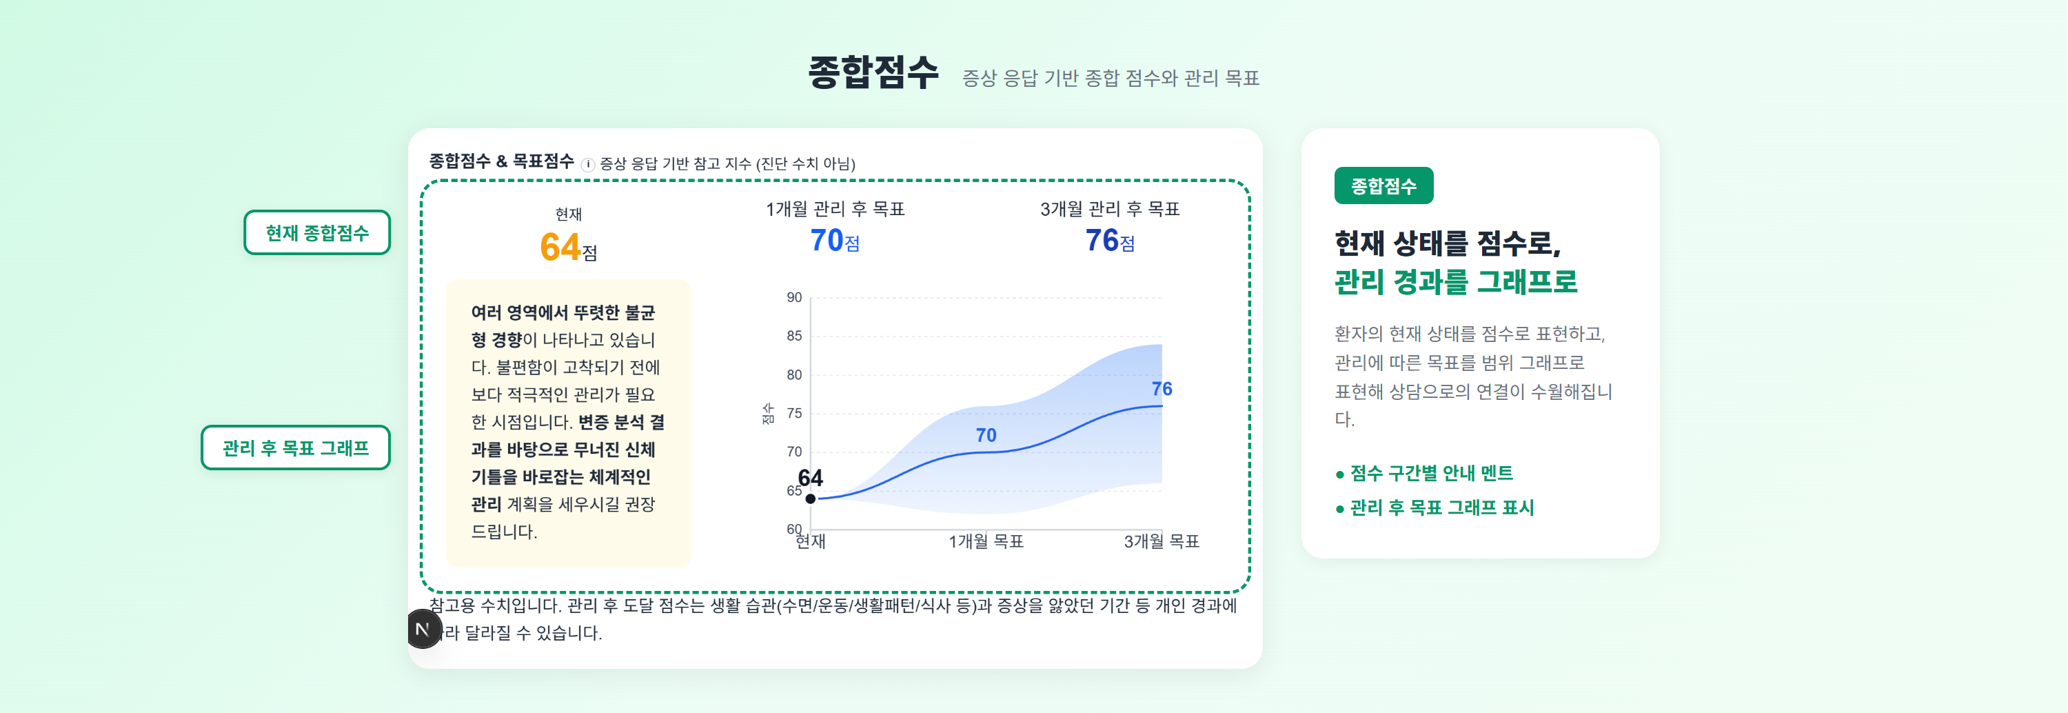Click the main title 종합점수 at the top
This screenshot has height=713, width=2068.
[873, 73]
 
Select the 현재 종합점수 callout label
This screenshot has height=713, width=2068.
[316, 233]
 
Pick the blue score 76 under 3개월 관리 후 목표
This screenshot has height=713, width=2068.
[1102, 240]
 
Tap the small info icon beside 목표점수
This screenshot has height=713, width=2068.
[587, 165]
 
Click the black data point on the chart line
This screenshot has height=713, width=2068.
[810, 499]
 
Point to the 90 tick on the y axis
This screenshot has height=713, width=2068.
[794, 297]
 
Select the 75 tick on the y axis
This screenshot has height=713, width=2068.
[794, 414]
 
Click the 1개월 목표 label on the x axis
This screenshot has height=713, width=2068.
[985, 542]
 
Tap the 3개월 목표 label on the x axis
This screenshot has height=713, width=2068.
[1160, 542]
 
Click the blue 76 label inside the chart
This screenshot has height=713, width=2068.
[1161, 389]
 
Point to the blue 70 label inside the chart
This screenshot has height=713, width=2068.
[985, 435]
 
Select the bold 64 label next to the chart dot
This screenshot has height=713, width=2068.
[810, 479]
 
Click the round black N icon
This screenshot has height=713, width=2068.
[423, 629]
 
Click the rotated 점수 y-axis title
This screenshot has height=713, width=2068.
[767, 414]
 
